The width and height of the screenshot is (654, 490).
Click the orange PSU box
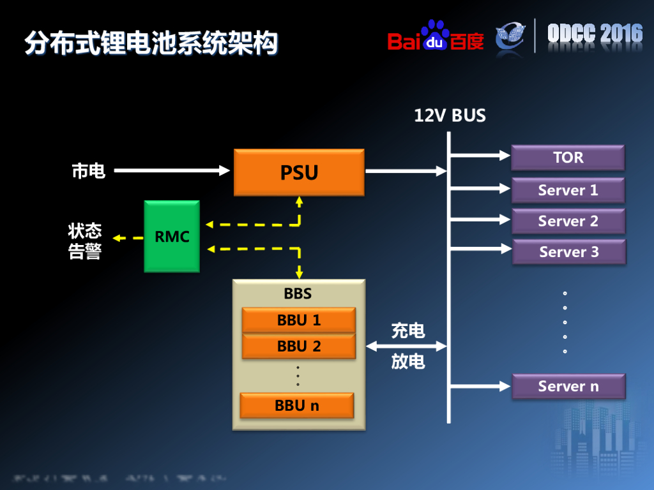click(299, 172)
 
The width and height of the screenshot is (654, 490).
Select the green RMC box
click(172, 237)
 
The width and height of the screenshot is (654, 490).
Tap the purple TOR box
click(568, 158)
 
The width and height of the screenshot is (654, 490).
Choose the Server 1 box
click(568, 190)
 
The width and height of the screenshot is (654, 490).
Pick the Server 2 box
click(568, 221)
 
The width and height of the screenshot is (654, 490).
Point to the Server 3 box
click(568, 252)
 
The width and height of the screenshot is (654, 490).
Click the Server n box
click(568, 386)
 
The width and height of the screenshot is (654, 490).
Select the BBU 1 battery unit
click(298, 320)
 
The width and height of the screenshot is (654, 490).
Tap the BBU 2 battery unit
click(298, 346)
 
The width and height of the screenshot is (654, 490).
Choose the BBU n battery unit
click(296, 405)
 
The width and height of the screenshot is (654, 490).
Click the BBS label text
click(298, 293)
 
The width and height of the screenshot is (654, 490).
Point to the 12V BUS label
click(450, 115)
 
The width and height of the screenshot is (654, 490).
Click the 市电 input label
click(88, 171)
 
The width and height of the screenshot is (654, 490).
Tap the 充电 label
click(407, 330)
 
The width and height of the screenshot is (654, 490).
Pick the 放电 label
click(407, 361)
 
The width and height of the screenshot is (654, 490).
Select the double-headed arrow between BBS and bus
click(406, 346)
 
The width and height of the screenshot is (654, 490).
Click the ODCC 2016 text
click(595, 34)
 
